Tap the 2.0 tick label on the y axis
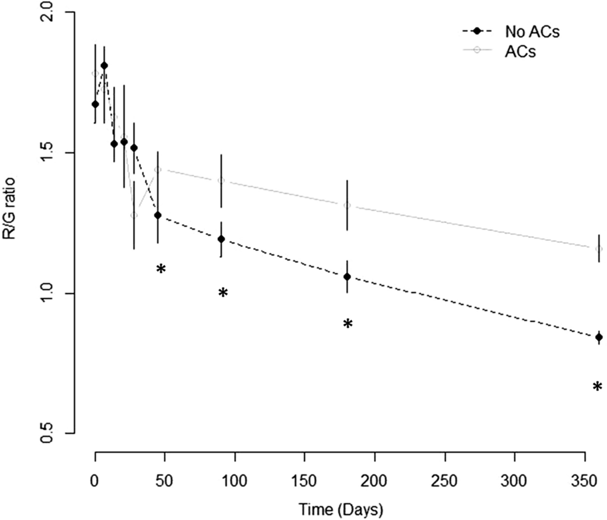(x=60, y=13)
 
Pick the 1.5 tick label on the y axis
(x=60, y=153)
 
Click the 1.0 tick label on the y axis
(x=60, y=293)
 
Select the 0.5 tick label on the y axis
(x=60, y=433)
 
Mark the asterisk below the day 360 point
(x=597, y=387)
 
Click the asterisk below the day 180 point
(x=348, y=324)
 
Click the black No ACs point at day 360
(x=599, y=337)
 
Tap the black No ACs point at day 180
(x=347, y=277)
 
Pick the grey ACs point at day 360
(x=599, y=249)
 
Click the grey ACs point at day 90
(x=221, y=180)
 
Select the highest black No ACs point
(x=104, y=65)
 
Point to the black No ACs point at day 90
(x=221, y=239)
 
